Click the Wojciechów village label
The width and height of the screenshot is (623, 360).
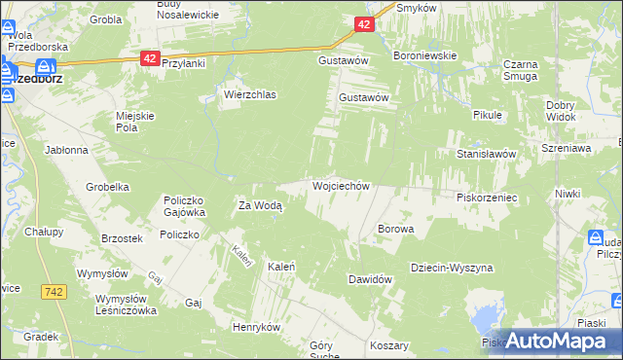[340, 185]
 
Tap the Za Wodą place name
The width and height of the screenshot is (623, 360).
[261, 205]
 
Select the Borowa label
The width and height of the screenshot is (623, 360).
[396, 230]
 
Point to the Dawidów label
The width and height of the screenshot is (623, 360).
[370, 279]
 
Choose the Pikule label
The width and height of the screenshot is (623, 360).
[487, 115]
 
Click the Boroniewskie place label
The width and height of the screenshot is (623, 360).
[424, 55]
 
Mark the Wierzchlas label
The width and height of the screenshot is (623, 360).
[250, 95]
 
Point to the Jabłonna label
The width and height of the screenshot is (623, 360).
[66, 151]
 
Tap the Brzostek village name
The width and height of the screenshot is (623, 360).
[123, 238]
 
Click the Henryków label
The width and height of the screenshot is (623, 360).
[256, 327]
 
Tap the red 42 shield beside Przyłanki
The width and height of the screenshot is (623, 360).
[149, 59]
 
